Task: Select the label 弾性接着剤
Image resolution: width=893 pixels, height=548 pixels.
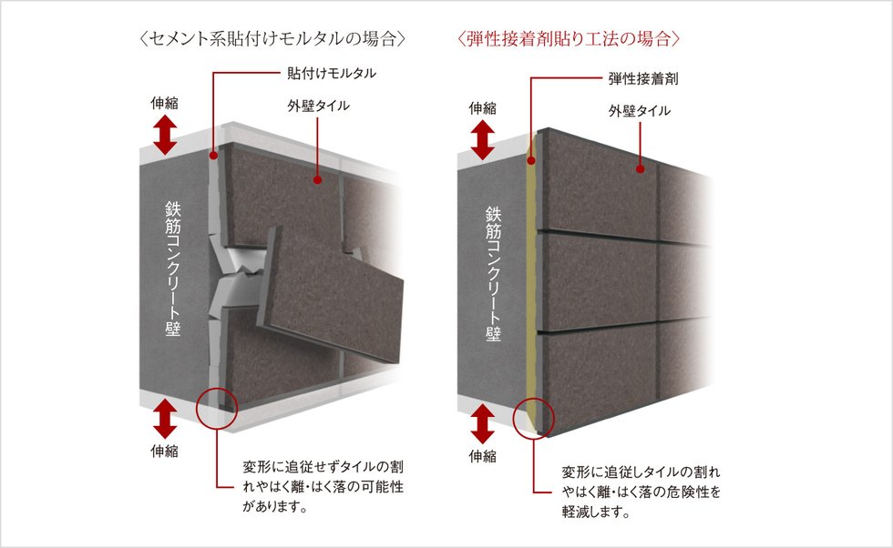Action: click(x=643, y=79)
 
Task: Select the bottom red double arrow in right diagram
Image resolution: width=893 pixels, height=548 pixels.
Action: click(x=483, y=424)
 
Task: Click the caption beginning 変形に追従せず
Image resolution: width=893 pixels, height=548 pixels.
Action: click(x=322, y=487)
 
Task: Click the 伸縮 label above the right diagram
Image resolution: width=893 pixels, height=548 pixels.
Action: click(x=483, y=107)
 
